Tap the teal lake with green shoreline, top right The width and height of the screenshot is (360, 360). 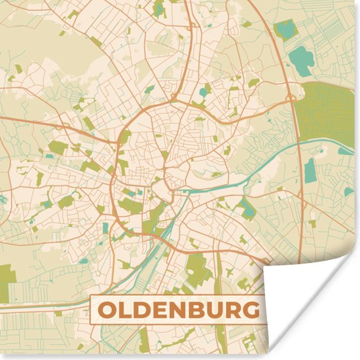[285, 29]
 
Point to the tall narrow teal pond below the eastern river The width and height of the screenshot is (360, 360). [310, 170]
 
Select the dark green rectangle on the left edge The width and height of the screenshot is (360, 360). [5, 275]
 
